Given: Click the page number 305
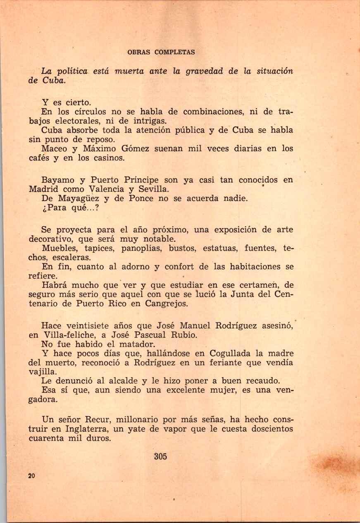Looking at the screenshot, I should (x=160, y=456).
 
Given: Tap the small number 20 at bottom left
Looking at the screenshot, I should (x=31, y=475).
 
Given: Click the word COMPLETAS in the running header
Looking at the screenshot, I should (x=174, y=53).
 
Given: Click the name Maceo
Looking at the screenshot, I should (x=53, y=148).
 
